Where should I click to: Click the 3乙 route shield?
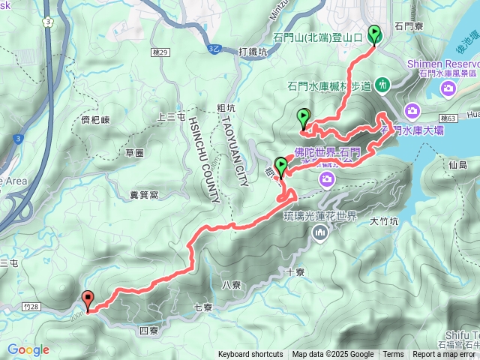click(214, 47)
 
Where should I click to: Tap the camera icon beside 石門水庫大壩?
click(412, 112)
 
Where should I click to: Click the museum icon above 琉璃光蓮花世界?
click(320, 232)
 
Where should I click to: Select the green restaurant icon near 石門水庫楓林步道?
click(382, 84)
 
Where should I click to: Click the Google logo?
click(28, 349)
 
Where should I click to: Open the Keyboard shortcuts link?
click(250, 355)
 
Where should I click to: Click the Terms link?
click(393, 355)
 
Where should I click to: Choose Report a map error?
click(445, 355)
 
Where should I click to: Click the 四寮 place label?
click(148, 330)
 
